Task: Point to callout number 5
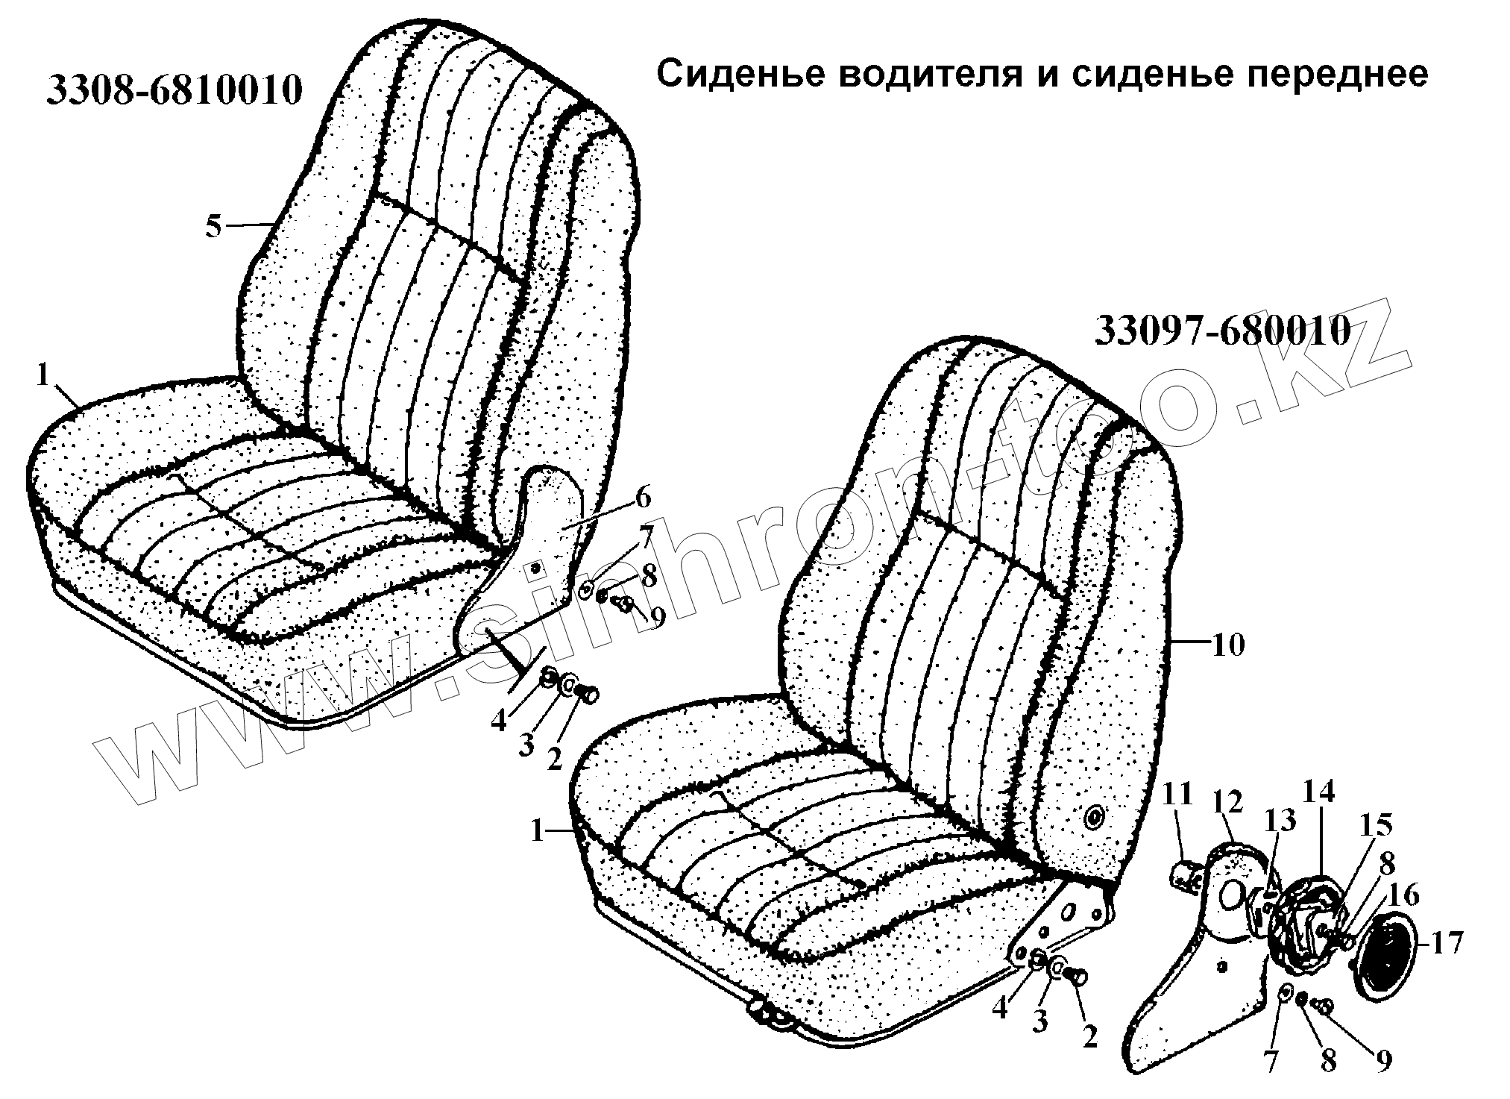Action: tap(214, 226)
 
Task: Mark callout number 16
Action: tap(1404, 895)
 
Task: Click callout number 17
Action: tap(1446, 943)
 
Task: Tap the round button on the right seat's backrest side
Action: tap(1095, 818)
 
